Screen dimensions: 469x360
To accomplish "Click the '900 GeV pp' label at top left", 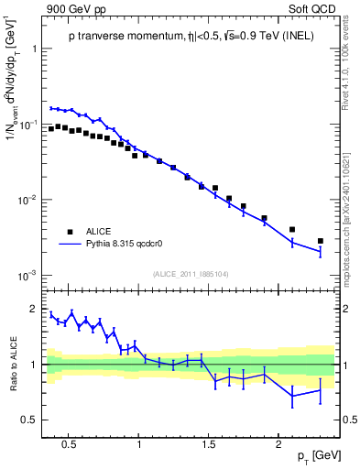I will tap(76, 8).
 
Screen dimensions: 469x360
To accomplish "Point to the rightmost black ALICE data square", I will tap(320, 241).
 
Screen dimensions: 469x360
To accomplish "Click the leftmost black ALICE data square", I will tap(51, 129).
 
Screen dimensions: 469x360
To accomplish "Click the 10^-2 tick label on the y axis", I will tap(28, 200).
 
